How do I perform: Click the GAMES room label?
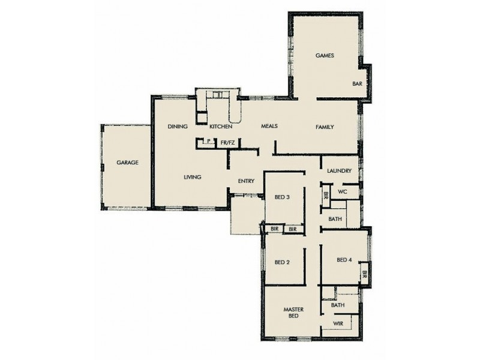click(325, 56)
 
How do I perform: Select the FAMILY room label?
click(325, 127)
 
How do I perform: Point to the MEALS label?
click(268, 127)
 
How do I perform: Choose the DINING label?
click(178, 127)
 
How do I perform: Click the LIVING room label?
click(192, 177)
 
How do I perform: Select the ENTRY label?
click(247, 181)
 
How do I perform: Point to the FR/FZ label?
click(227, 142)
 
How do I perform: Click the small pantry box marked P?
click(208, 142)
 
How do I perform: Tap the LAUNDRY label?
click(339, 171)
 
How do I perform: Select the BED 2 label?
click(282, 262)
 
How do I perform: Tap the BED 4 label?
click(344, 260)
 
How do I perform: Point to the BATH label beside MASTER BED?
click(337, 305)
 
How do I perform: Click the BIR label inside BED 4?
click(364, 275)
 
